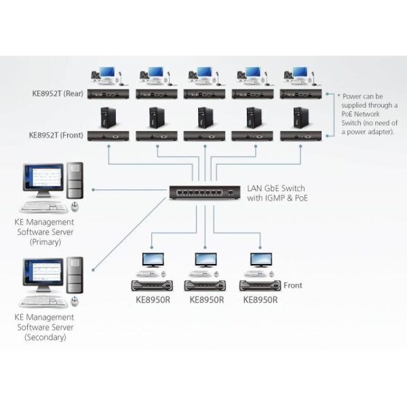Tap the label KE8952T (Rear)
tap(56, 94)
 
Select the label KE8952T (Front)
tap(56, 135)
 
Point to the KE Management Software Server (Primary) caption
tap(46, 231)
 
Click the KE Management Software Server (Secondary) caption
tap(46, 326)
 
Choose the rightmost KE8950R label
tap(260, 298)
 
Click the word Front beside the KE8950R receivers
tap(293, 286)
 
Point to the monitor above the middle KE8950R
tap(206, 260)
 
